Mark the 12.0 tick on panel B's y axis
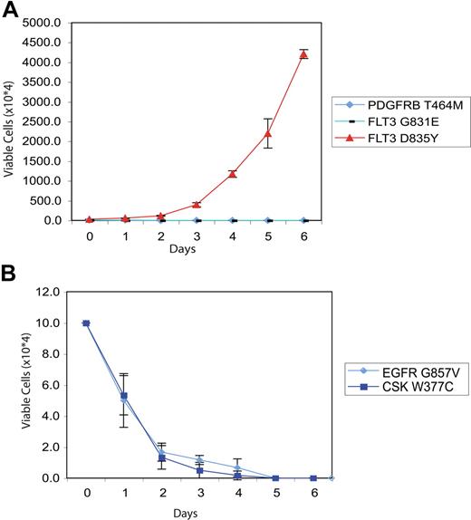click(59, 292)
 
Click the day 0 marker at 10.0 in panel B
click(86, 323)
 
